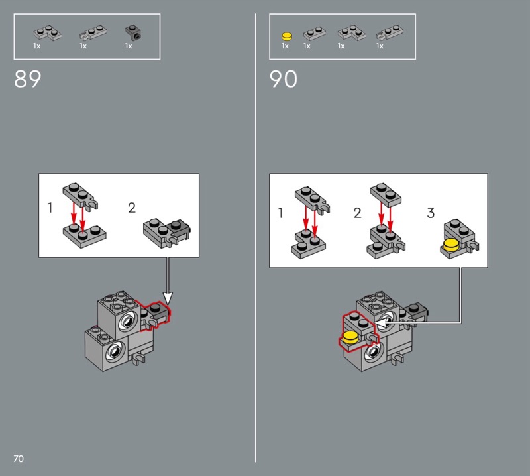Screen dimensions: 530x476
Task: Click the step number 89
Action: [27, 79]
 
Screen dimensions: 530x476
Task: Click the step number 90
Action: [284, 79]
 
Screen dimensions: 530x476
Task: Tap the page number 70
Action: [19, 459]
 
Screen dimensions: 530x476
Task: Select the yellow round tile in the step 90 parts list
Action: [287, 36]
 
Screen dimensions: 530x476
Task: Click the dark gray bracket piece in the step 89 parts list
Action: [134, 32]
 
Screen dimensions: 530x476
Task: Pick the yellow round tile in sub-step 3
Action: [452, 245]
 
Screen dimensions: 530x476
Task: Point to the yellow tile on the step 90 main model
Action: [350, 337]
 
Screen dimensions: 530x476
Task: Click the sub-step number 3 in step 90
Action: [431, 213]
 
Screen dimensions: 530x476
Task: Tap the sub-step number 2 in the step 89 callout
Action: [132, 208]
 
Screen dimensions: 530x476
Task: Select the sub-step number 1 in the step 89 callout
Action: [50, 208]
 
